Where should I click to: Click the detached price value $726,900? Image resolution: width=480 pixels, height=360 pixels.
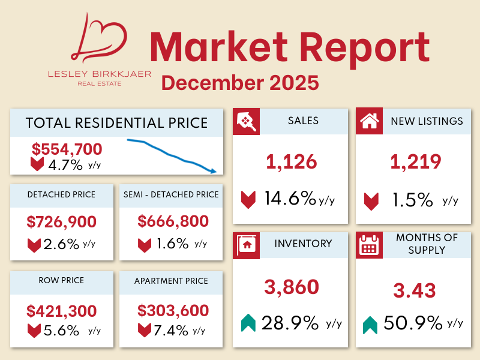pyautogui.click(x=62, y=222)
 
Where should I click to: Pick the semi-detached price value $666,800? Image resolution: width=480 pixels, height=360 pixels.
pyautogui.click(x=173, y=222)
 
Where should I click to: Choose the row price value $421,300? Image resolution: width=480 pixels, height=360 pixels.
pyautogui.click(x=62, y=311)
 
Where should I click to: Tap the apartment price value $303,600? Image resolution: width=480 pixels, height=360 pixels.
pyautogui.click(x=173, y=311)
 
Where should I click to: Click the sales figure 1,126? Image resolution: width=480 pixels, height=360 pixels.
pyautogui.click(x=291, y=161)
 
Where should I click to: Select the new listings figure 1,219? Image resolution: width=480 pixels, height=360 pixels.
pyautogui.click(x=416, y=161)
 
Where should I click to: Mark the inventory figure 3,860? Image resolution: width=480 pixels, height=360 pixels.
pyautogui.click(x=292, y=287)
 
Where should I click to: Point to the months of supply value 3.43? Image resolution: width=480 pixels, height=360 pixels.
pyautogui.click(x=415, y=291)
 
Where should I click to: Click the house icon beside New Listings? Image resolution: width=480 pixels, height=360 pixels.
pyautogui.click(x=369, y=122)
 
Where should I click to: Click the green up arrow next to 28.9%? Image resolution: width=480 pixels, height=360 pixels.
pyautogui.click(x=248, y=323)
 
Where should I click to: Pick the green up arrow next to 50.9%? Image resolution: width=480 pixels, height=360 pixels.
pyautogui.click(x=370, y=325)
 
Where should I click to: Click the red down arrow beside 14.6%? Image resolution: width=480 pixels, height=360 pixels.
pyautogui.click(x=248, y=199)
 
